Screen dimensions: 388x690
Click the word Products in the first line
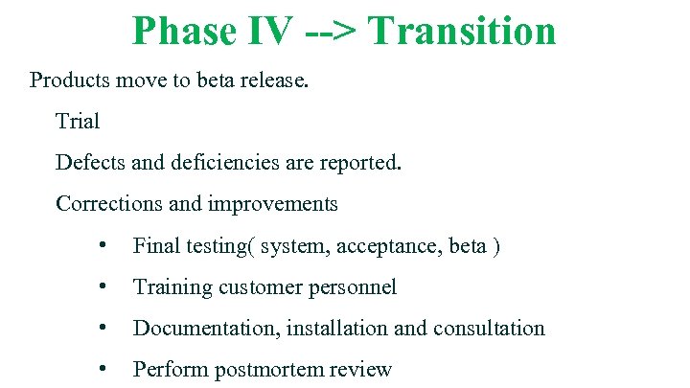click(x=69, y=80)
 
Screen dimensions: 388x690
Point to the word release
click(x=274, y=80)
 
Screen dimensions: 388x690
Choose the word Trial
click(x=78, y=121)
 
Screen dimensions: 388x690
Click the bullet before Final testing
click(x=102, y=246)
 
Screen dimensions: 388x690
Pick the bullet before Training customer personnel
click(x=102, y=287)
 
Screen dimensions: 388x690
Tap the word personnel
click(x=354, y=287)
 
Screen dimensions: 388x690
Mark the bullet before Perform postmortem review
click(x=102, y=369)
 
